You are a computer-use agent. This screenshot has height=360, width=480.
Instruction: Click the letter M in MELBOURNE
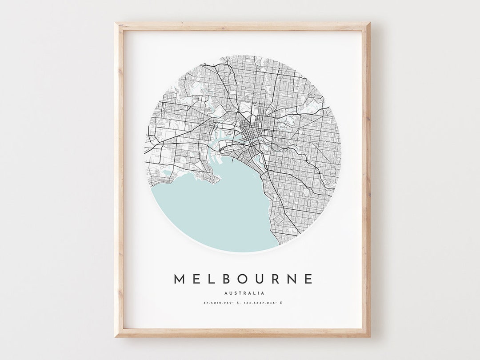click(180, 279)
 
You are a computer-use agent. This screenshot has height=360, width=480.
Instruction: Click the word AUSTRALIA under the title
click(244, 293)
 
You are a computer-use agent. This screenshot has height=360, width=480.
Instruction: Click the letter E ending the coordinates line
click(281, 303)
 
